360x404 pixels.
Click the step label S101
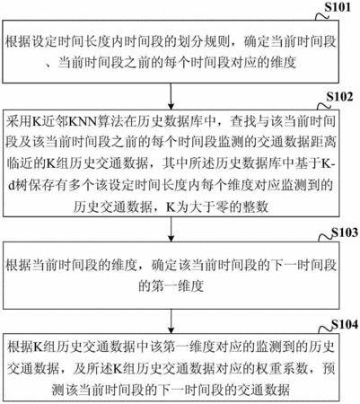point(338,7)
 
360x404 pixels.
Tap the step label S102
point(339,97)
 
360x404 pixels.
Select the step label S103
point(345,233)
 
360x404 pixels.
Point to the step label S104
point(345,324)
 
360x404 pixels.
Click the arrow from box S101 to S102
point(171,96)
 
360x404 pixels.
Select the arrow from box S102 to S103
point(171,229)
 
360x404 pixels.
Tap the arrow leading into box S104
point(171,321)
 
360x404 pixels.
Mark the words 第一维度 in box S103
point(171,286)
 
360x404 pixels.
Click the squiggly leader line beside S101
point(322,15)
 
